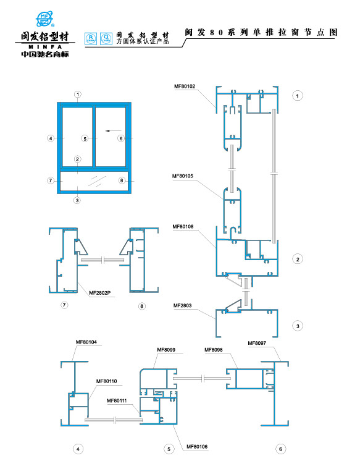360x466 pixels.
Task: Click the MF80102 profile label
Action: pos(185,86)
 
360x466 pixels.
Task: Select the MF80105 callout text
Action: pos(183,176)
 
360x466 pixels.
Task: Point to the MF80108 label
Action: pos(183,226)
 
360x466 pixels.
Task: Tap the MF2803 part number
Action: pos(182,305)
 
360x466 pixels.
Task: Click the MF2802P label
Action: pos(100,293)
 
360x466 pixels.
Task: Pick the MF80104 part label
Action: pos(86,342)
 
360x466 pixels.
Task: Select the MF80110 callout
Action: pos(107,381)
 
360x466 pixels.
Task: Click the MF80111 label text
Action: pos(117,400)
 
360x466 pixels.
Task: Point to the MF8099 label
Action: pos(166,350)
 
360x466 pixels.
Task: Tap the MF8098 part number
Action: pos(214,350)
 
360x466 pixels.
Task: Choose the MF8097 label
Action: pos(257,343)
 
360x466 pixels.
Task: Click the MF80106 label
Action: pos(197,446)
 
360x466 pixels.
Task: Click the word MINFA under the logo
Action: pos(45,47)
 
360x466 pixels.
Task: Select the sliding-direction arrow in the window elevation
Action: pos(114,130)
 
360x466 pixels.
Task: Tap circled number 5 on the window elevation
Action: pos(85,138)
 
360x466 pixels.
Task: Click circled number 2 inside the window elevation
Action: pos(78,159)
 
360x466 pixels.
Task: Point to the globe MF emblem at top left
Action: pos(44,19)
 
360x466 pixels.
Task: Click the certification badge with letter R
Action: pos(91,39)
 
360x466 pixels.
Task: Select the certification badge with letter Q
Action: pos(106,39)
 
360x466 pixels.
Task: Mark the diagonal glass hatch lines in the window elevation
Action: pos(97,180)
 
